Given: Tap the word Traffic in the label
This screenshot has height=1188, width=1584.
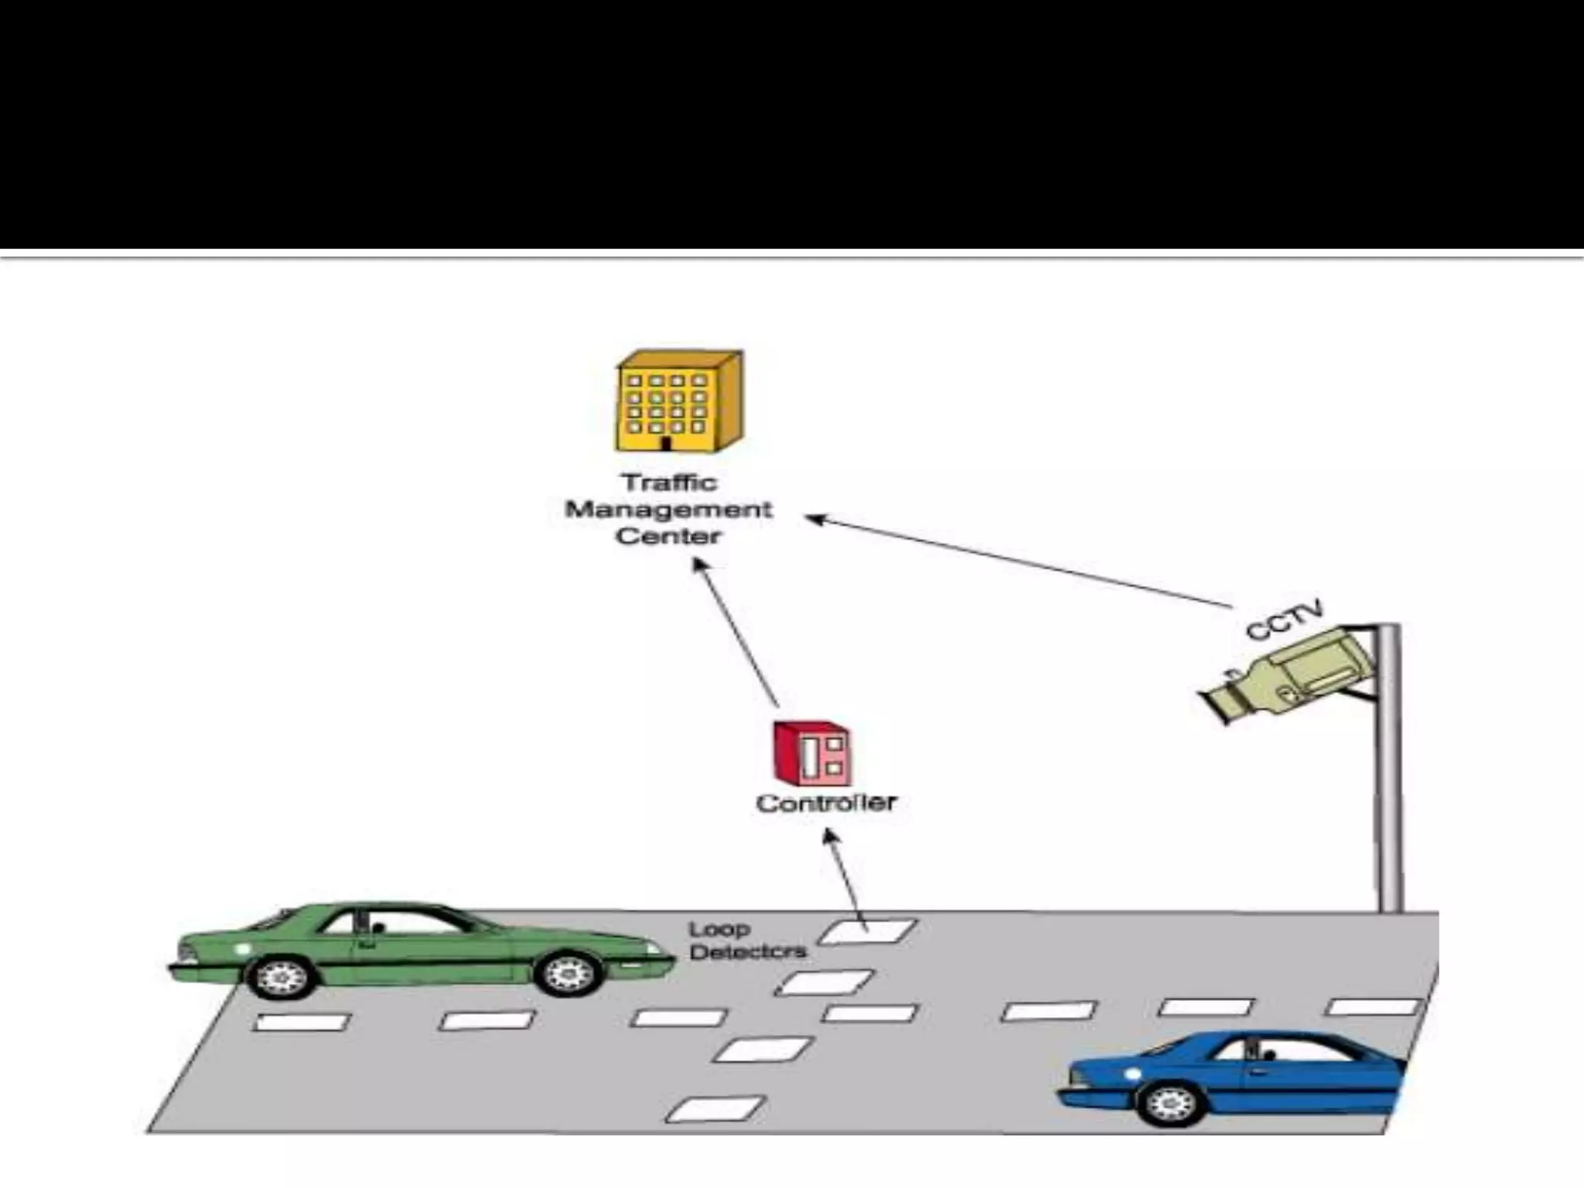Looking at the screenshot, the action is click(x=670, y=483).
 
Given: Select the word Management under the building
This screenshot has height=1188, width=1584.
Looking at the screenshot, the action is click(x=669, y=510).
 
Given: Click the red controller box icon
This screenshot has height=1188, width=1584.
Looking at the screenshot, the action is click(x=812, y=753).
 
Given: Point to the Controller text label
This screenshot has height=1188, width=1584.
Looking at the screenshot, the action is click(x=825, y=803).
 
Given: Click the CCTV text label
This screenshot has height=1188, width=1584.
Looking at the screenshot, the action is click(x=1285, y=620).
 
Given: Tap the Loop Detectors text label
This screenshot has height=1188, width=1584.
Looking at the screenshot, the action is click(x=746, y=940).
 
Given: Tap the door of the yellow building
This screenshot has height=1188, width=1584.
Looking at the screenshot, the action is click(x=665, y=443).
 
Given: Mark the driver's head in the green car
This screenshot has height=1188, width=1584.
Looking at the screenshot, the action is click(x=378, y=927).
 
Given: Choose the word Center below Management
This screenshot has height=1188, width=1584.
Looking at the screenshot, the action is click(x=668, y=536).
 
